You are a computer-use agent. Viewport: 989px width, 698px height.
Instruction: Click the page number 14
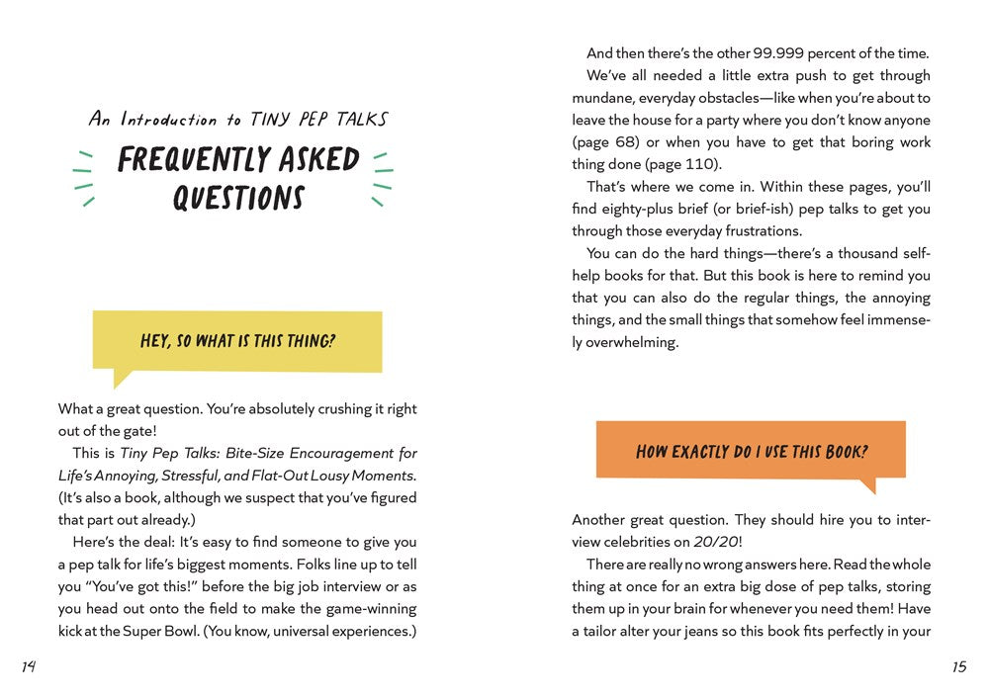(28, 666)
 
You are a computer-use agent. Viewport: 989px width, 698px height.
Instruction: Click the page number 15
(959, 666)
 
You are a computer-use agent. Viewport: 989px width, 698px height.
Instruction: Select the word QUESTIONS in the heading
(238, 198)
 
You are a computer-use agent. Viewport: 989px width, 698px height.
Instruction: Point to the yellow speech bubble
(236, 342)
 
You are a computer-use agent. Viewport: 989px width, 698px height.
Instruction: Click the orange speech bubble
(751, 451)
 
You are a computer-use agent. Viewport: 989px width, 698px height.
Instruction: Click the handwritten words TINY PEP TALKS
(318, 120)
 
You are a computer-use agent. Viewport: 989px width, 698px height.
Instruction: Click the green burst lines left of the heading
(85, 177)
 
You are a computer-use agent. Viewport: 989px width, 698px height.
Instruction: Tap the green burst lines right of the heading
(382, 177)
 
